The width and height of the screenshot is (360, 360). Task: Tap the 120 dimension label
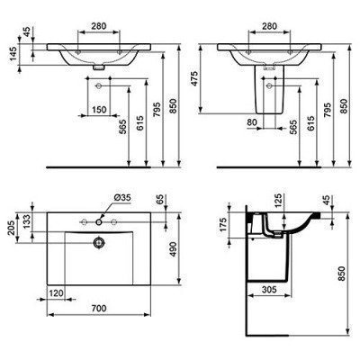pyautogui.click(x=57, y=293)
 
